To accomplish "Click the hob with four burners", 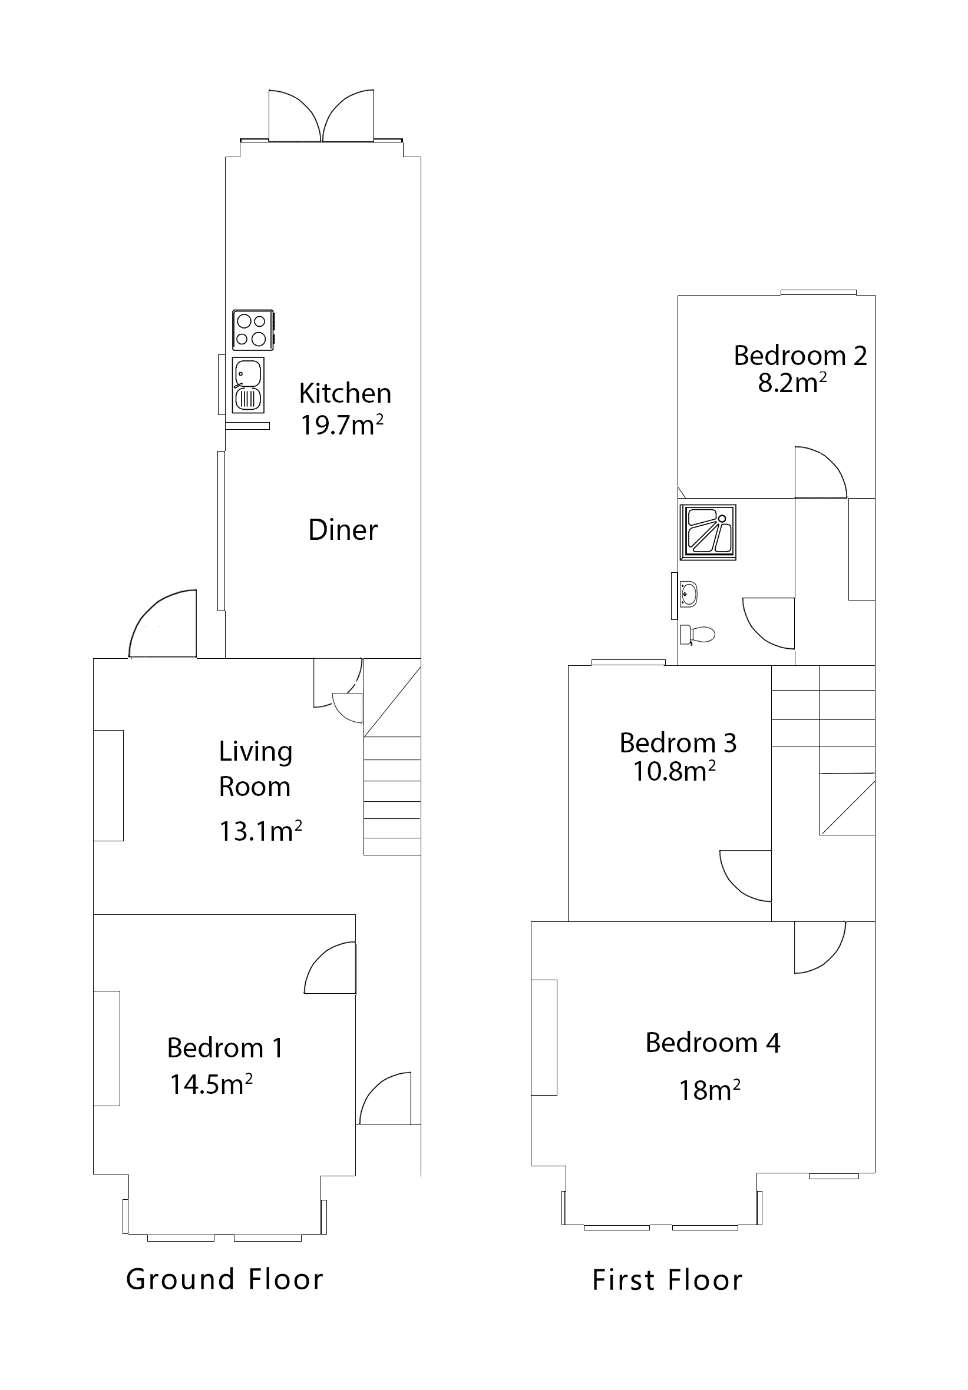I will tap(253, 330).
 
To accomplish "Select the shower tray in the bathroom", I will tap(708, 532).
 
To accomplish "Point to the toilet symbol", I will tap(697, 635).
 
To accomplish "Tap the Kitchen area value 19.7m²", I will tap(342, 426).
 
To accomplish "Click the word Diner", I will tap(343, 530).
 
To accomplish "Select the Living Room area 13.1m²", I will tap(260, 831).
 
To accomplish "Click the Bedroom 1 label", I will tap(224, 1048).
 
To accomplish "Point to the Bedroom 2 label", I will tap(799, 356).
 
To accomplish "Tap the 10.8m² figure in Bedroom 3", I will tap(673, 772).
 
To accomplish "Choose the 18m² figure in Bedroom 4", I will tap(709, 1090).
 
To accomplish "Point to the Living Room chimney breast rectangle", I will tap(108, 785).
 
